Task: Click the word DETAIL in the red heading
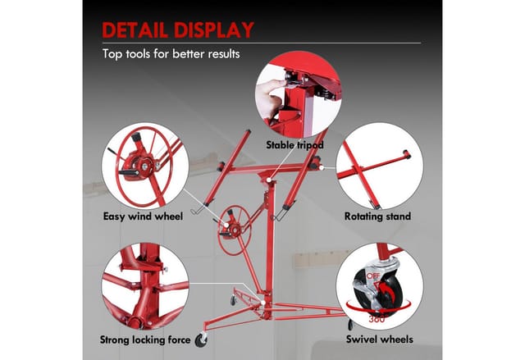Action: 135,30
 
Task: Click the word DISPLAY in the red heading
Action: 214,30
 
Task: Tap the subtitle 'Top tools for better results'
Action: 171,54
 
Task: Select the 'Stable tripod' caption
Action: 295,145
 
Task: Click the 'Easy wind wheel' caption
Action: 143,216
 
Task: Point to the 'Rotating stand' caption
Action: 377,216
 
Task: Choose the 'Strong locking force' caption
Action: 145,340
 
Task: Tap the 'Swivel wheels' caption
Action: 379,339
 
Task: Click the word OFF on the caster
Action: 373,276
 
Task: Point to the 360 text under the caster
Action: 377,319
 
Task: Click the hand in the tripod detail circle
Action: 270,98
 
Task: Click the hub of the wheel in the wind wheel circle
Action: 144,166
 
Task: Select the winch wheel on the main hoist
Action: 234,230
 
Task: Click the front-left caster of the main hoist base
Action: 202,340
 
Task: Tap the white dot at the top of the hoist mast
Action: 268,180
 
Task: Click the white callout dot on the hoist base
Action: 262,303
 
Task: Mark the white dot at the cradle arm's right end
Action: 321,167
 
